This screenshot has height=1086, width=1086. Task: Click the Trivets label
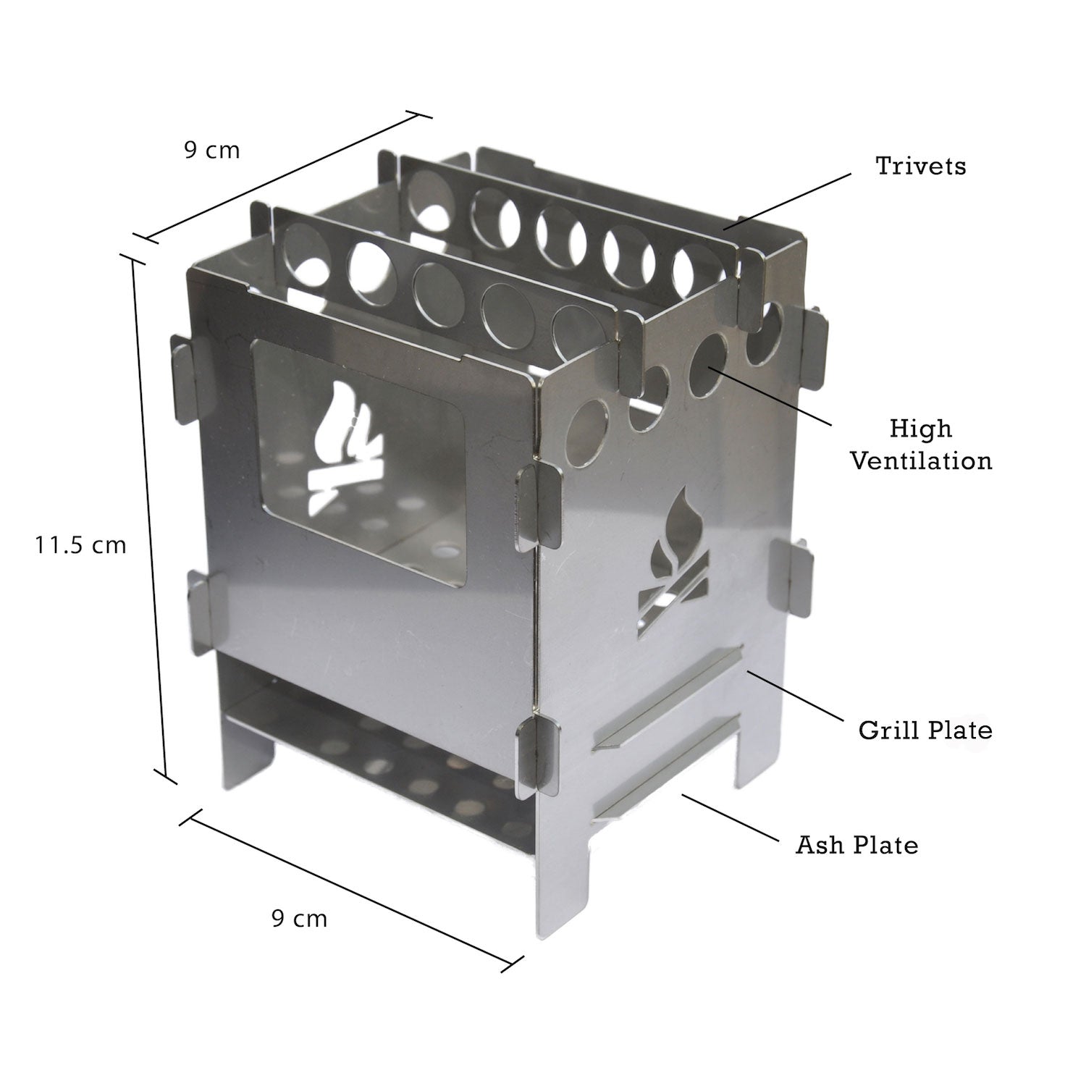pos(920,166)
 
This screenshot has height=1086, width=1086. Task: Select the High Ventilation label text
pos(920,445)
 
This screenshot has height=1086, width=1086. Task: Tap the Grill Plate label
pos(925,729)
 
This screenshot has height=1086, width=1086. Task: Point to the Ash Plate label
pos(856,845)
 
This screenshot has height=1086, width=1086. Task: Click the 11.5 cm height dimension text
pos(80,544)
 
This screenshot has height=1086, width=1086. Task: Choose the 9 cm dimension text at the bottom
pos(299,919)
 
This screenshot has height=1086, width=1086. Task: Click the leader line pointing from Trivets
pos(788,201)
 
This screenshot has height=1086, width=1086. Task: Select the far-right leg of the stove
pos(753,753)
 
